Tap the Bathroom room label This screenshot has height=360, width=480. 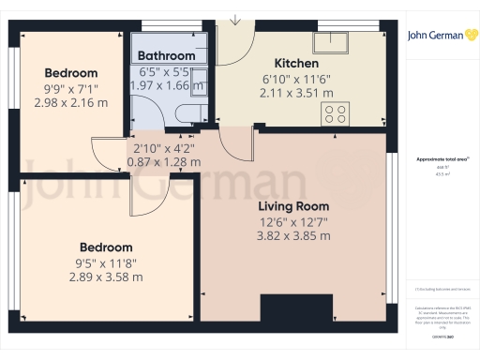(166, 56)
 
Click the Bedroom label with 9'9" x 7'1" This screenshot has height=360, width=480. (71, 73)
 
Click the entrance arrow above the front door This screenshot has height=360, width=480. (235, 19)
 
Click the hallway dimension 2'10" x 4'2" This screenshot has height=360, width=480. (163, 147)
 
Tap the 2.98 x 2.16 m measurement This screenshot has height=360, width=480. (71, 102)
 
